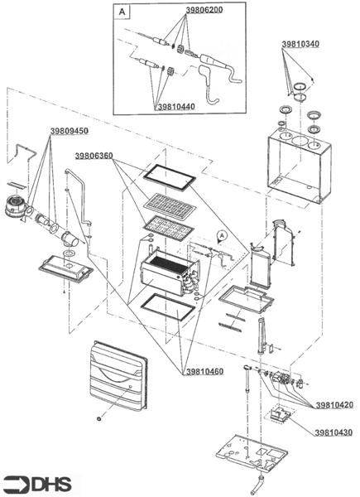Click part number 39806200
click(204, 10)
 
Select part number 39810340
click(300, 44)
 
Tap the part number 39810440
click(176, 107)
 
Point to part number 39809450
click(70, 131)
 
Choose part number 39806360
click(94, 156)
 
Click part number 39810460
click(204, 371)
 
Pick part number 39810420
click(334, 405)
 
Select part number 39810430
click(334, 432)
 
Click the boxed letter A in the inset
click(122, 12)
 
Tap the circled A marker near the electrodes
click(223, 235)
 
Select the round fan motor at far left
click(17, 206)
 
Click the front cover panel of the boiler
click(118, 376)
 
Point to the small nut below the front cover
click(99, 418)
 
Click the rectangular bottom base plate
click(252, 452)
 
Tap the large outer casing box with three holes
click(299, 165)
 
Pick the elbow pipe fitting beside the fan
click(70, 240)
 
